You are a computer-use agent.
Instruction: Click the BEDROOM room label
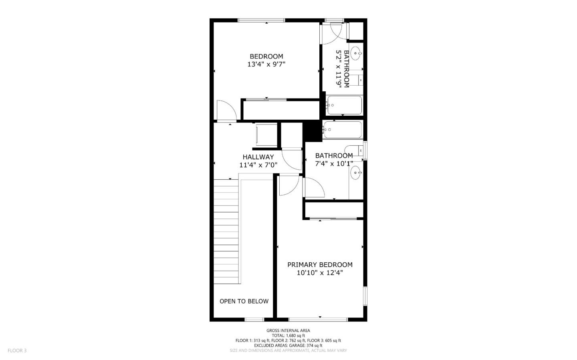[266, 56]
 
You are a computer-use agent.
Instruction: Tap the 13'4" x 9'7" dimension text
[266, 64]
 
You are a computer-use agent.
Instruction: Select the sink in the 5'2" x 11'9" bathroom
[356, 52]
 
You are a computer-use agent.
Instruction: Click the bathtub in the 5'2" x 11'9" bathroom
[344, 105]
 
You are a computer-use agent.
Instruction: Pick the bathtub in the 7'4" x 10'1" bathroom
[343, 129]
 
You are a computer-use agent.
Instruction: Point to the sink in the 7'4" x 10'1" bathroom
[356, 173]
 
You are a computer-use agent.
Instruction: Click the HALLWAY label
[258, 157]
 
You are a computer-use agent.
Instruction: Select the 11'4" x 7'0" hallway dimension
[258, 165]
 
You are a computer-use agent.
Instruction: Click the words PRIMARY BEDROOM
[320, 265]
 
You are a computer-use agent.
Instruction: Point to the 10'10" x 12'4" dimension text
[320, 273]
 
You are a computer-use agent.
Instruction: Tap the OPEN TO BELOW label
[244, 301]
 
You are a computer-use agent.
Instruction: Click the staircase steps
[226, 232]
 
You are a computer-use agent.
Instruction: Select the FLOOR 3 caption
[17, 351]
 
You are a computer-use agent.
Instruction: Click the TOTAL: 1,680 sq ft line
[288, 336]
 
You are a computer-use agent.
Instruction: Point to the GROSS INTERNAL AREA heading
[288, 330]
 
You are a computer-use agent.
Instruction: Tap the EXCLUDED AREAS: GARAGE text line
[288, 346]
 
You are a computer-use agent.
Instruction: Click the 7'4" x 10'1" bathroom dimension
[334, 163]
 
